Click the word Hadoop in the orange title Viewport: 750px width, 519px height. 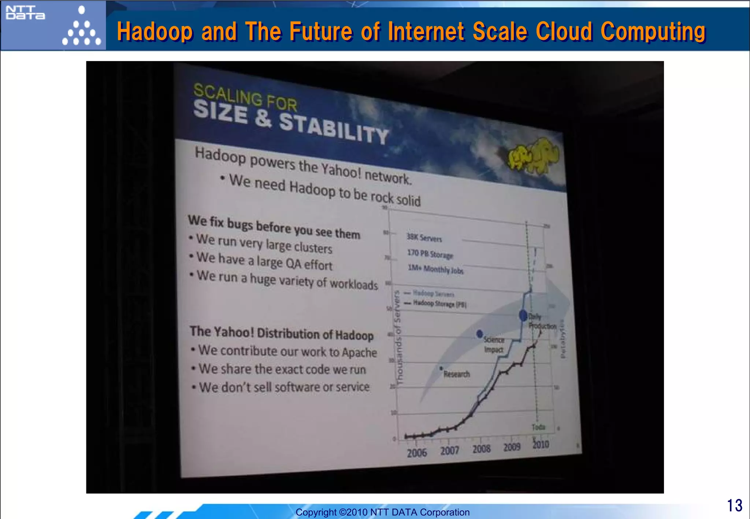coord(155,31)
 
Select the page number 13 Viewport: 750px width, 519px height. coord(734,505)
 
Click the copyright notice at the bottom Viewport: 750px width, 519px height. coord(382,512)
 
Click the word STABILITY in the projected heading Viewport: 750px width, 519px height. coord(333,128)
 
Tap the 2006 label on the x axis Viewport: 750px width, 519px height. coord(417,453)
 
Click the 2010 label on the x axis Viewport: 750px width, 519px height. coord(541,445)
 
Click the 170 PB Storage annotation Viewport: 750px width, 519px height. coord(430,254)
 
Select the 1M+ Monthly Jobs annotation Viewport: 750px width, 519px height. coord(435,269)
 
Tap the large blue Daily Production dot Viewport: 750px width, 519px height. coord(523,315)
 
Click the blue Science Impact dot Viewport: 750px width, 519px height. coord(480,334)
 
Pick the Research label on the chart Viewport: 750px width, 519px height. coord(456,374)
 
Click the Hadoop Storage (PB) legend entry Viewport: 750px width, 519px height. coord(439,303)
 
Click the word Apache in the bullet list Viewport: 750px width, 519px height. coord(359,352)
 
